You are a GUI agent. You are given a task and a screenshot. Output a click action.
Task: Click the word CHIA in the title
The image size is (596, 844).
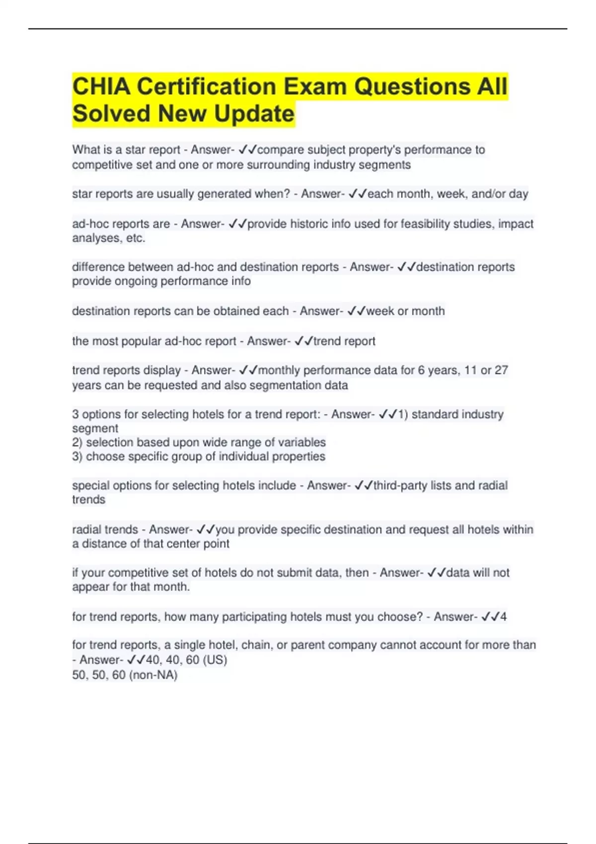click(x=101, y=87)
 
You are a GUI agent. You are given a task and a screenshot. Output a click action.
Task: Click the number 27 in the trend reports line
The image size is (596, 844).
click(x=501, y=370)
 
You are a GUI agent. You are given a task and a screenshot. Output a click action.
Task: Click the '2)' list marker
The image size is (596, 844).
click(x=77, y=442)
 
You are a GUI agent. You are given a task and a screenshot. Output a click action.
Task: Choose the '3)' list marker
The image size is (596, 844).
click(x=77, y=457)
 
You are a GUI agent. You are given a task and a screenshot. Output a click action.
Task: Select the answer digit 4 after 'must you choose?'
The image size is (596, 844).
click(x=503, y=617)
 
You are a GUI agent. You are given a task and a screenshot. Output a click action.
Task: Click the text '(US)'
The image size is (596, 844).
click(x=215, y=660)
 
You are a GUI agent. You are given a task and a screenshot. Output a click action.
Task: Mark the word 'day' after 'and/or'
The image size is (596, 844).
click(x=519, y=194)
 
